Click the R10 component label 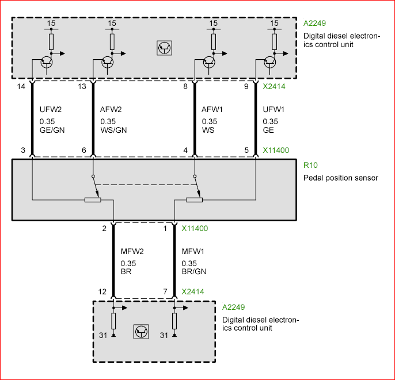(x=309, y=165)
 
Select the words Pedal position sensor (x=340, y=178)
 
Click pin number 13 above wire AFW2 (x=82, y=87)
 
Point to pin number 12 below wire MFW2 (x=102, y=292)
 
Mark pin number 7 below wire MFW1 (x=165, y=292)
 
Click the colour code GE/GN (x=52, y=130)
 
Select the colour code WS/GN (x=113, y=130)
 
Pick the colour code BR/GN (x=193, y=272)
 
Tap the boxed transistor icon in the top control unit (x=165, y=48)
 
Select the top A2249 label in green (x=315, y=24)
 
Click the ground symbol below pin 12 (x=113, y=335)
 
